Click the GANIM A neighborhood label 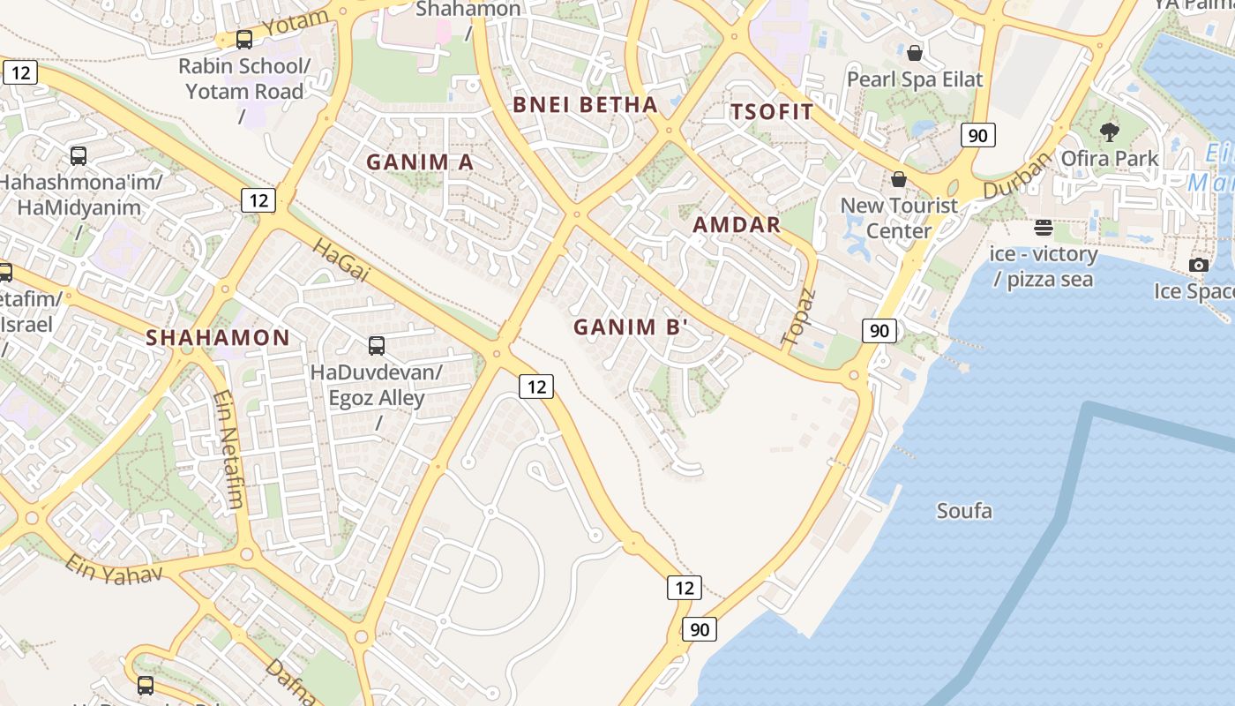(x=420, y=161)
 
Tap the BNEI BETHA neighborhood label (x=585, y=104)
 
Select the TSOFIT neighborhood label (x=772, y=111)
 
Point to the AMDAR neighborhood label (x=737, y=224)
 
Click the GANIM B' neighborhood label (x=630, y=327)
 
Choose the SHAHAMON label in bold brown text (x=217, y=337)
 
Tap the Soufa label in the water (x=964, y=511)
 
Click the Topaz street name (x=799, y=317)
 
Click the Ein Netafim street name (x=228, y=450)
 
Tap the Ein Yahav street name (x=113, y=570)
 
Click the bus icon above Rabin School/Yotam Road (x=244, y=40)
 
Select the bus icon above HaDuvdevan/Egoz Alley (x=377, y=345)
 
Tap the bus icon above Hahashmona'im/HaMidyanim (x=79, y=156)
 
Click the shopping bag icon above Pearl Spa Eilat (x=915, y=53)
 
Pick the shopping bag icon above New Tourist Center (x=899, y=179)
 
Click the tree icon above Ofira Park (x=1110, y=132)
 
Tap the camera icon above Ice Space (x=1198, y=265)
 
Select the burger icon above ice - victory (x=1044, y=228)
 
